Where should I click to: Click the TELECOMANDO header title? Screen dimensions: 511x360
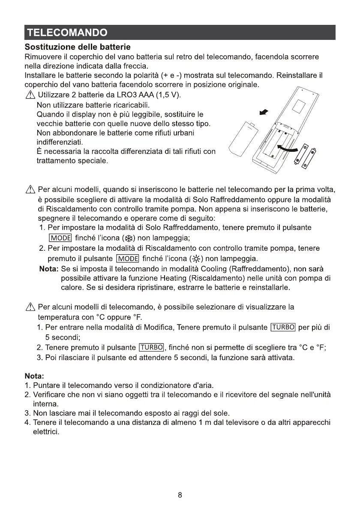[66, 33]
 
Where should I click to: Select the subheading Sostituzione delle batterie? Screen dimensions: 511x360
[78, 46]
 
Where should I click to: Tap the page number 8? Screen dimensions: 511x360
[180, 495]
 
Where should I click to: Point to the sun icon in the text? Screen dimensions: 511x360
[197, 259]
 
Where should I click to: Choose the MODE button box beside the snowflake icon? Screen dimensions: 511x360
[60, 238]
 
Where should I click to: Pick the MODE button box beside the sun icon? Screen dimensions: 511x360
[127, 259]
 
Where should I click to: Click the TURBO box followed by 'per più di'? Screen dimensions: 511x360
[283, 328]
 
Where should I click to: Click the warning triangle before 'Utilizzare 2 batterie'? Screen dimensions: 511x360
[30, 95]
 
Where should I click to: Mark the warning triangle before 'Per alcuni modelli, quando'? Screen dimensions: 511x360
[30, 190]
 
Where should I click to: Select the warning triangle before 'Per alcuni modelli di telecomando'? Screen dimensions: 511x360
[30, 307]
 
